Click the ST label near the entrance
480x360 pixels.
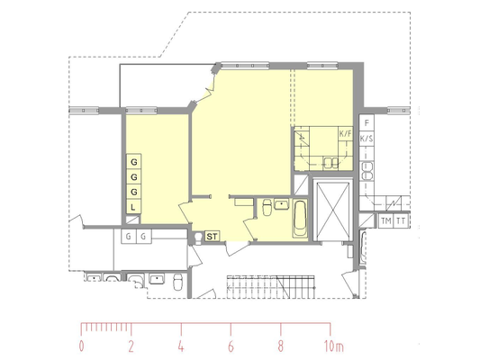point(212,237)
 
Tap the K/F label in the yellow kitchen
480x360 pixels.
point(346,134)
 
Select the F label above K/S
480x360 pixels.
point(367,123)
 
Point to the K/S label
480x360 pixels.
point(367,139)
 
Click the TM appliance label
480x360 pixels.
point(386,220)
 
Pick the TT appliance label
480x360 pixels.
point(401,220)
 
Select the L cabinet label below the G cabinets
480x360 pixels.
point(133,207)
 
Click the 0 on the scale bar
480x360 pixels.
point(81,346)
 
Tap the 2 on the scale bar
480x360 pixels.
point(131,346)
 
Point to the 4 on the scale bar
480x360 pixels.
point(181,346)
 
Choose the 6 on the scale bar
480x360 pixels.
point(231,346)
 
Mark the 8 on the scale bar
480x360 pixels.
point(280,346)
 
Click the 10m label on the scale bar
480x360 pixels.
point(334,346)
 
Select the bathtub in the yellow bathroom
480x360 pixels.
point(300,219)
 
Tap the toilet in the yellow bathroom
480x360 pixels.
point(267,207)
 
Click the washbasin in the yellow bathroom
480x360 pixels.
point(281,204)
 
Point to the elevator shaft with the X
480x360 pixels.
point(332,210)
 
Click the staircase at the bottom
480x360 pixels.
point(270,287)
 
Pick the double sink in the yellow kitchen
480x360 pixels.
point(331,163)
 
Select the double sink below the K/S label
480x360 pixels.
point(367,171)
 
